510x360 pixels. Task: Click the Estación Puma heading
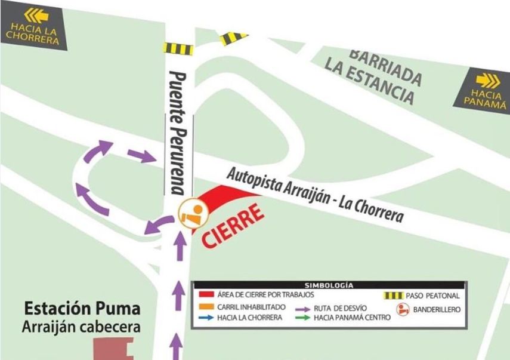[x=82, y=309]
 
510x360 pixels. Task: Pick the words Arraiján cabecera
[x=82, y=327]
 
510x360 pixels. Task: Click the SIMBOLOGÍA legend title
[x=329, y=285]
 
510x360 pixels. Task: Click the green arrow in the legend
[x=302, y=318]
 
